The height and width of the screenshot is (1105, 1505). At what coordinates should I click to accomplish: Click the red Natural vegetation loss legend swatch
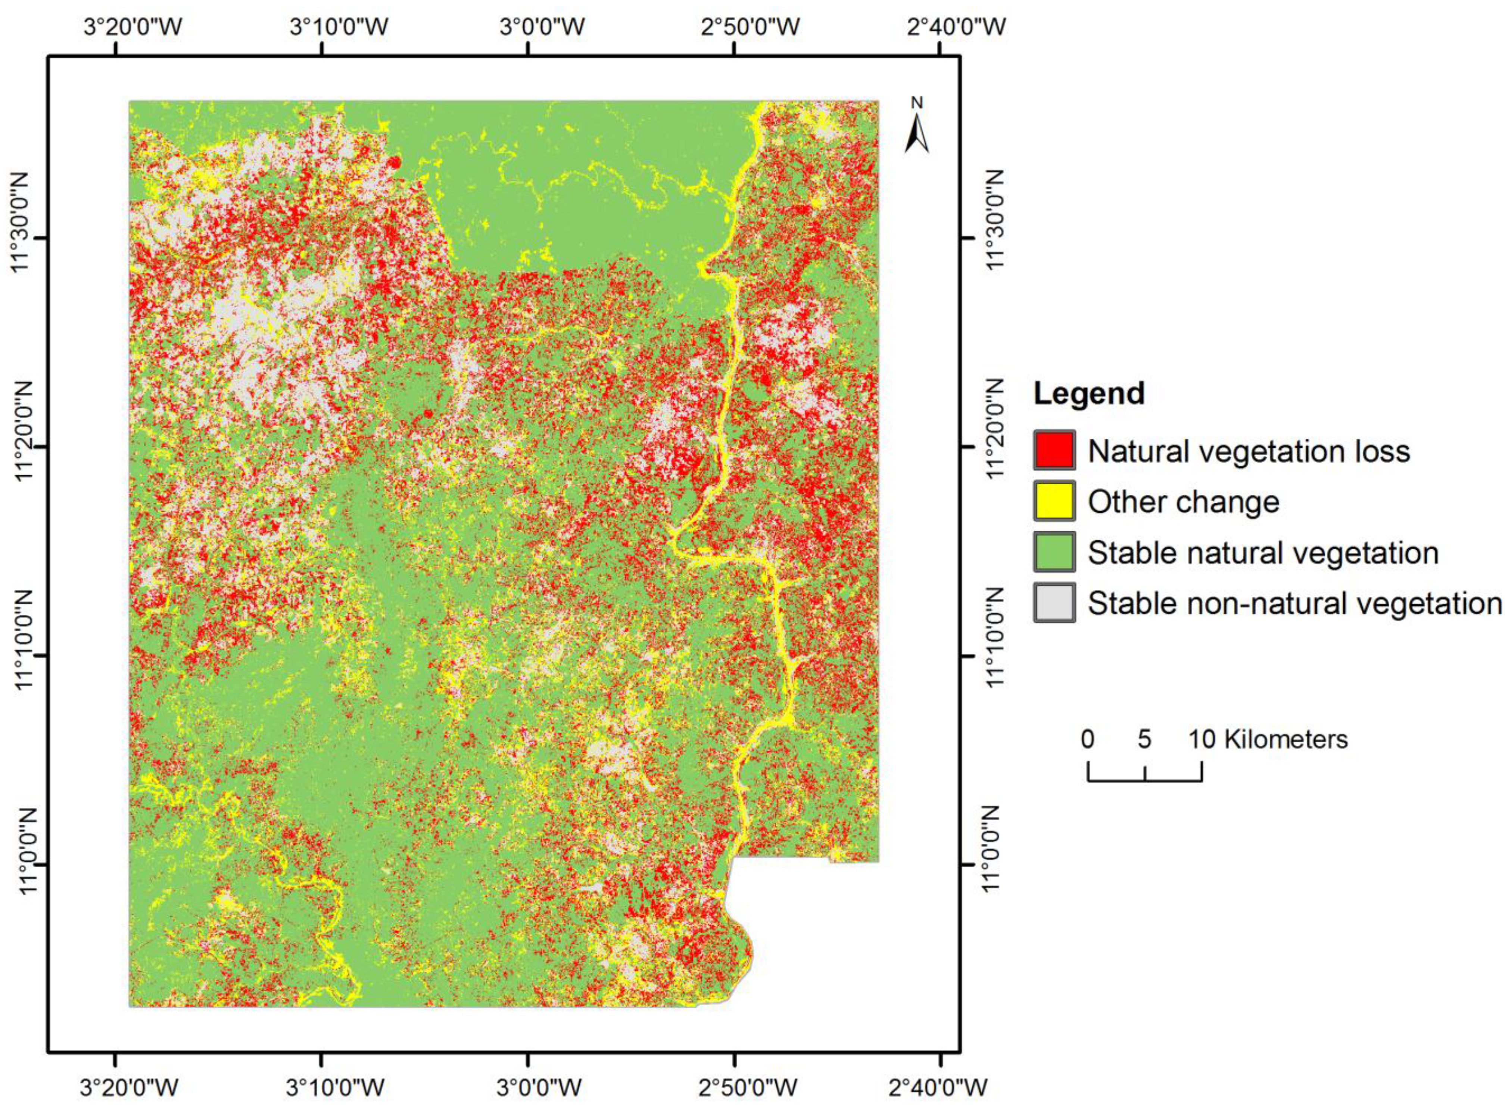tap(1054, 450)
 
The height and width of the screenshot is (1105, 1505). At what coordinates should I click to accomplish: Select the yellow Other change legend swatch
tap(1054, 501)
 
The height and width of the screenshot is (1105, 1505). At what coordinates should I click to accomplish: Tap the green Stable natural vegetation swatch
tap(1054, 552)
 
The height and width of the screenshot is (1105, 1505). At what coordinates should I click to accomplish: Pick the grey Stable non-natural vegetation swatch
tap(1054, 603)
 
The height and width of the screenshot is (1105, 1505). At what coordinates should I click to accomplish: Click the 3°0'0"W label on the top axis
tap(542, 27)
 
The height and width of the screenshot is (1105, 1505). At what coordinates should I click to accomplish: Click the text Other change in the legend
tap(1183, 502)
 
